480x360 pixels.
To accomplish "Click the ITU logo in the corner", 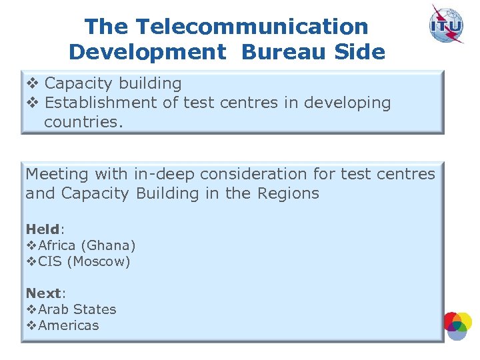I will (x=446, y=24).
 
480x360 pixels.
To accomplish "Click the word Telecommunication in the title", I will (x=252, y=27).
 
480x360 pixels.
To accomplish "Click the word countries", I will (x=83, y=121).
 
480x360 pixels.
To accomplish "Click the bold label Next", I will (x=42, y=293).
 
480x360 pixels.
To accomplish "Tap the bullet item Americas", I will (x=68, y=325).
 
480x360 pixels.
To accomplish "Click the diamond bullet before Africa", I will (x=31, y=245).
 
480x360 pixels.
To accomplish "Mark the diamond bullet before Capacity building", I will (x=32, y=83).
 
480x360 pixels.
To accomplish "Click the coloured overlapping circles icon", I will (x=457, y=325).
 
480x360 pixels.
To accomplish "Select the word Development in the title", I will (x=147, y=52).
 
